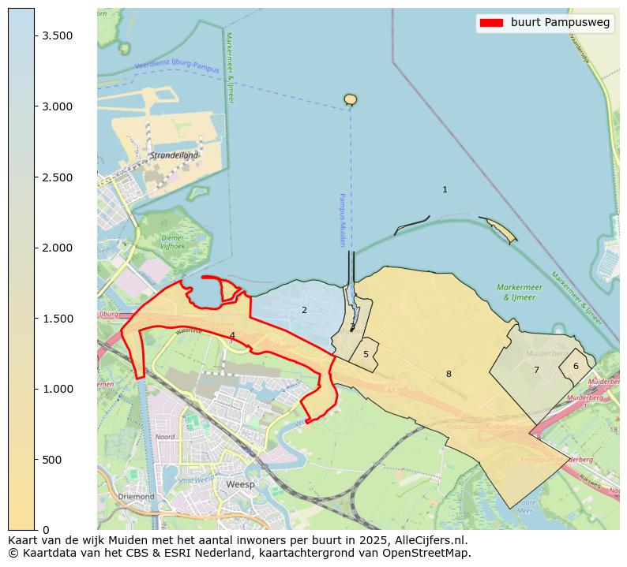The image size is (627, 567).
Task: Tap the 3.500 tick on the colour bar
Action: point(35,36)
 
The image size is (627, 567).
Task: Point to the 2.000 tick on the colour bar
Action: point(35,248)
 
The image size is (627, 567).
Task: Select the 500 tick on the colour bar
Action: point(35,460)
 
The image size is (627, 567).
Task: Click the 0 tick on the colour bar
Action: point(35,529)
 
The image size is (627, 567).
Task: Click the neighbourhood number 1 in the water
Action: point(445,189)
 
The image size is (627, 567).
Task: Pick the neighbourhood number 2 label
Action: point(304,310)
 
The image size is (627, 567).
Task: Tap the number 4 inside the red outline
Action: point(232,336)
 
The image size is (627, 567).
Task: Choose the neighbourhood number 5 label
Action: point(366,354)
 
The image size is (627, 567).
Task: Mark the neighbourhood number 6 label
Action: point(576,366)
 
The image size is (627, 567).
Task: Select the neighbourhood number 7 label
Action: point(536,370)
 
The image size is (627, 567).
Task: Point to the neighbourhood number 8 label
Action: point(449,374)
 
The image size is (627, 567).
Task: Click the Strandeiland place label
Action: point(174,155)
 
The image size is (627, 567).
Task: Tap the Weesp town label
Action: point(240,484)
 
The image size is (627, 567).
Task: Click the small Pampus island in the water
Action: point(351,99)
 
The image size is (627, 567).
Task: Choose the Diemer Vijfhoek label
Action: point(172,241)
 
